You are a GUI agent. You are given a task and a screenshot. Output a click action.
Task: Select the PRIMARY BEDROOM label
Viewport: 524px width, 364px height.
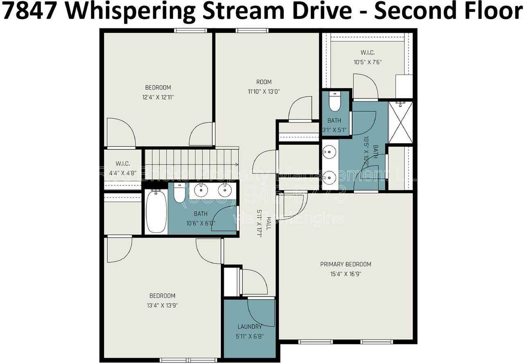(346, 264)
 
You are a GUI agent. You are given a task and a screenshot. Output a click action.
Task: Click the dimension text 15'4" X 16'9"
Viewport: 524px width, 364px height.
(346, 274)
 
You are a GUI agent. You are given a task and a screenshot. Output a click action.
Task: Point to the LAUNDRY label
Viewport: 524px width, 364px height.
(249, 327)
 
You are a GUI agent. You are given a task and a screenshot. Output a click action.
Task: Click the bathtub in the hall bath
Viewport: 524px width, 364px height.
(156, 211)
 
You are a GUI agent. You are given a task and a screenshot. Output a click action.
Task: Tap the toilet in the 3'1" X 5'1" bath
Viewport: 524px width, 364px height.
(334, 102)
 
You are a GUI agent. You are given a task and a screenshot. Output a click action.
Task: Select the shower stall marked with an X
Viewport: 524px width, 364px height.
(400, 122)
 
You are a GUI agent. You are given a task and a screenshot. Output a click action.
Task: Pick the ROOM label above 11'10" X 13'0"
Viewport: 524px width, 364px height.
(264, 82)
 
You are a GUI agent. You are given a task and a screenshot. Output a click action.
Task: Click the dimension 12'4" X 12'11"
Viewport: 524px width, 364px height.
(158, 97)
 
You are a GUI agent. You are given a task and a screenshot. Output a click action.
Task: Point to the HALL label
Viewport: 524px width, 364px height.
(269, 223)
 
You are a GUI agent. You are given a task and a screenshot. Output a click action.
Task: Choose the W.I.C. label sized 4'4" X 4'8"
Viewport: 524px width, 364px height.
(122, 164)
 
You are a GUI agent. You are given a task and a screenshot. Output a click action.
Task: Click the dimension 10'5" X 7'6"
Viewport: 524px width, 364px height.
(368, 63)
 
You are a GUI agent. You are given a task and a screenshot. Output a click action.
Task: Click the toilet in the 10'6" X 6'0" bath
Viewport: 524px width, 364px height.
(180, 193)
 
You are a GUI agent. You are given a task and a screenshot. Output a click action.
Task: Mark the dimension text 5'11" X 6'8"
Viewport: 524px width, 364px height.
(249, 337)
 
